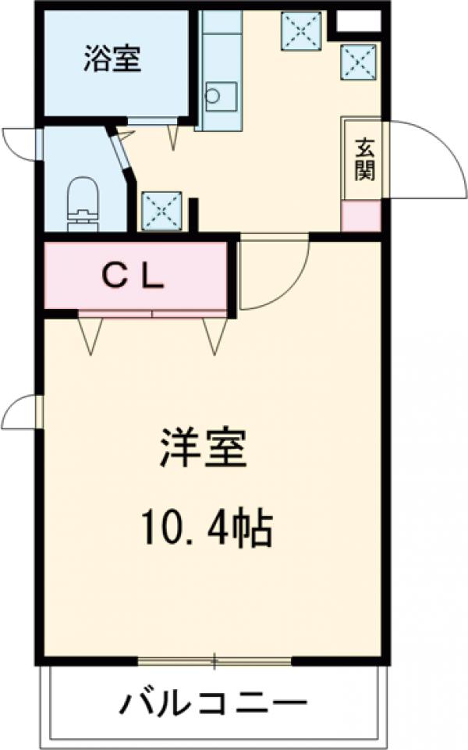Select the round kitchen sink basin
(213, 96)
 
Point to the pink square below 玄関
(361, 215)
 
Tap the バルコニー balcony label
(212, 704)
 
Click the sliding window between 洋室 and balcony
(214, 662)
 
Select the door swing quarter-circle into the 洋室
(270, 273)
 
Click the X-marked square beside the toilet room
(161, 210)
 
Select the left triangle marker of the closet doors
(90, 335)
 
